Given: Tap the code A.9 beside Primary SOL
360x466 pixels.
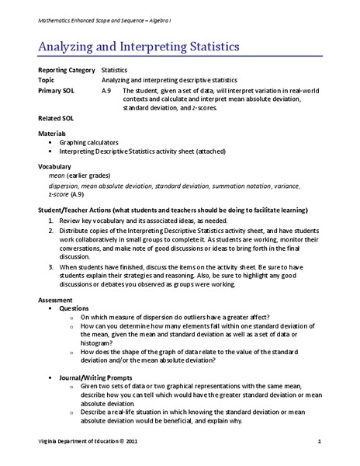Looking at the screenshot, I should tap(107, 90).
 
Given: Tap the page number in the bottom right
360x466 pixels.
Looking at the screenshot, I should tap(319, 441).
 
